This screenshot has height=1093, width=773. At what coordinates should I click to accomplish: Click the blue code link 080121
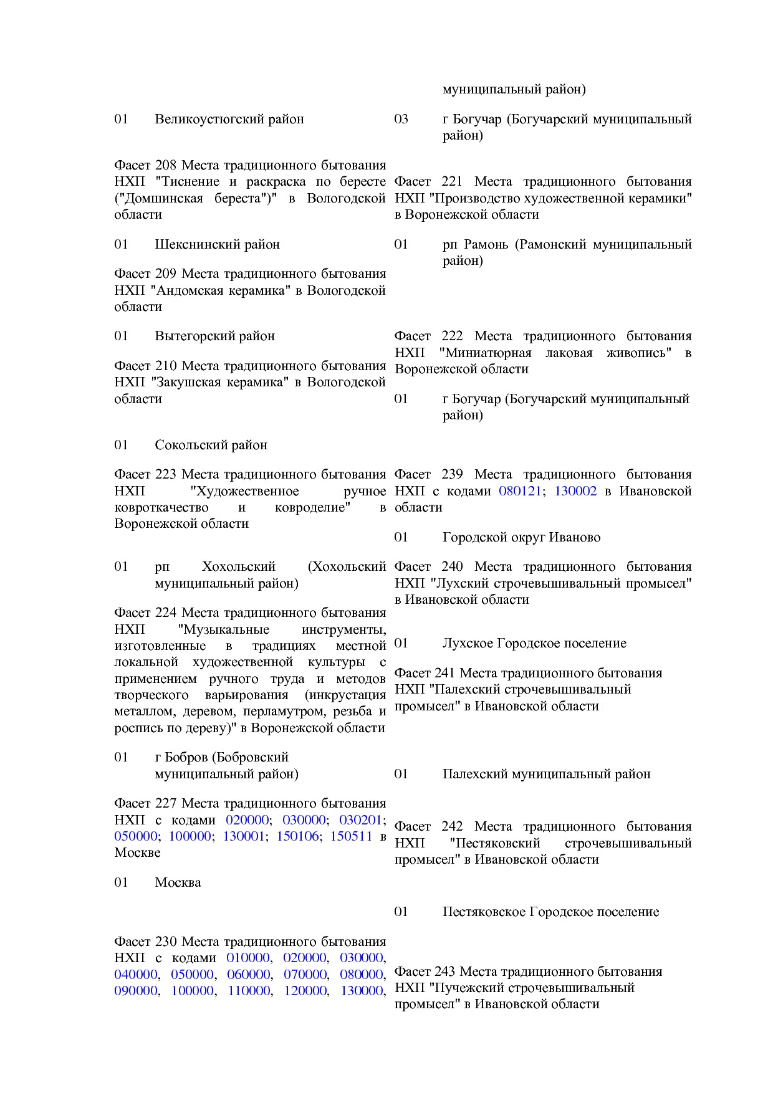[x=520, y=491]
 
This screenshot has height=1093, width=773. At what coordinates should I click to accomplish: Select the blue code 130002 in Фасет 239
[x=575, y=491]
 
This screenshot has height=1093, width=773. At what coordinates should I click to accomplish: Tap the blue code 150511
[x=351, y=836]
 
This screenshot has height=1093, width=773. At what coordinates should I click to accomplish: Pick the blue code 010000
[x=248, y=958]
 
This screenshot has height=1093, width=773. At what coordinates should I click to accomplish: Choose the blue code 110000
[x=249, y=991]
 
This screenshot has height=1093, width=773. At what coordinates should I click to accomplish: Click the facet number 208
[x=166, y=165]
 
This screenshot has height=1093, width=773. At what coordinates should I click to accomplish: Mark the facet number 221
[x=452, y=181]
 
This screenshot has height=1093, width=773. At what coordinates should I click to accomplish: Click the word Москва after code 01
[x=178, y=882]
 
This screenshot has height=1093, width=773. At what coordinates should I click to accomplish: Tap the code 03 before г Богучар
[x=401, y=119]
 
